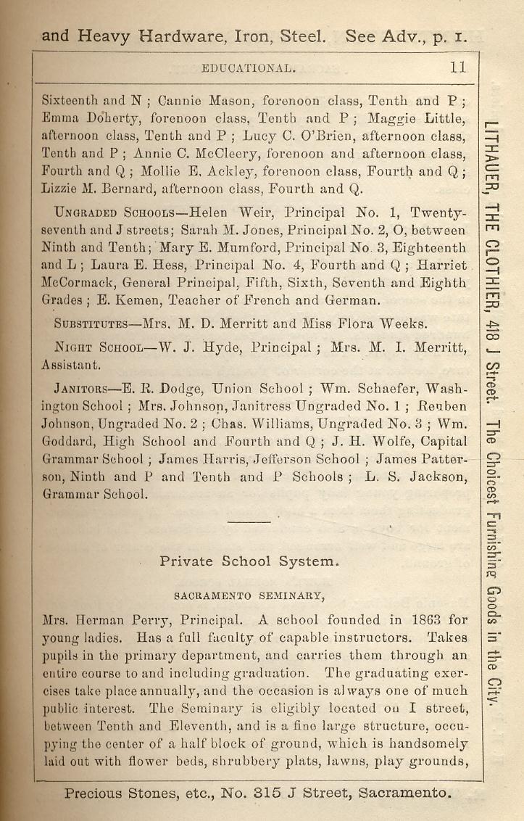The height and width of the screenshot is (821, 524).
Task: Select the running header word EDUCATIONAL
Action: click(x=248, y=69)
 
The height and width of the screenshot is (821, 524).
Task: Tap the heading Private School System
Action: click(x=238, y=561)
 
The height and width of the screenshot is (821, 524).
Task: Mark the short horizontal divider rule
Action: click(x=248, y=521)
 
